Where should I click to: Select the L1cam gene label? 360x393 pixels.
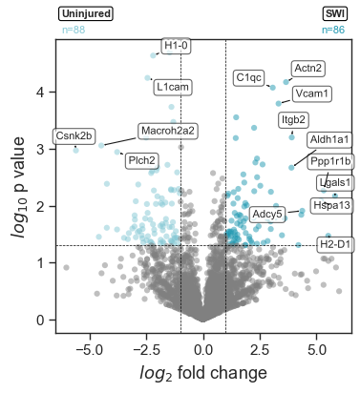(x=173, y=87)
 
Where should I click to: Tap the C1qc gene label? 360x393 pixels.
(x=248, y=77)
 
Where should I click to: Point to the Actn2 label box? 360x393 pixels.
(x=307, y=68)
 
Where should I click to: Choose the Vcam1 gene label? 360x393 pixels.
(x=312, y=93)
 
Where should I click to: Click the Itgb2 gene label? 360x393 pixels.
(x=293, y=119)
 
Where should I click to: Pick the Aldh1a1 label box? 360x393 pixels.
(x=329, y=140)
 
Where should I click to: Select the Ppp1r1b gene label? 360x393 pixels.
(x=331, y=161)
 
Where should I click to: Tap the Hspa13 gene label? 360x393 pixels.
(x=331, y=205)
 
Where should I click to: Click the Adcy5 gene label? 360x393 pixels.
(x=266, y=214)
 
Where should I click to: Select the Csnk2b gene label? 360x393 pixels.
(x=74, y=135)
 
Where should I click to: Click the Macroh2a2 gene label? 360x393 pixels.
(x=167, y=130)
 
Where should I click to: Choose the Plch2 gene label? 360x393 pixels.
(x=141, y=160)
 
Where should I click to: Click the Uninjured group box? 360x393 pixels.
(x=86, y=14)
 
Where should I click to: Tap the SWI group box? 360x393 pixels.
(x=335, y=14)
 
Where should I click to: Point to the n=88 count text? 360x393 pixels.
(x=74, y=31)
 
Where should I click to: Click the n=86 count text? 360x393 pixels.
(x=333, y=31)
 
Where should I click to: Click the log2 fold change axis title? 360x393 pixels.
(x=204, y=373)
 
